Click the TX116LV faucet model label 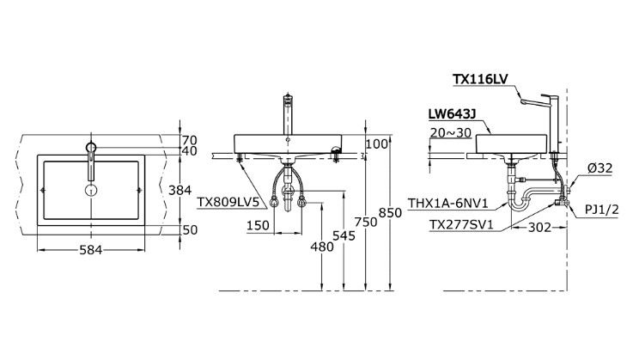click(x=481, y=79)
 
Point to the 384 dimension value click(x=193, y=190)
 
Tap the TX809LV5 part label click(x=228, y=203)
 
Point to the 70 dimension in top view click(x=189, y=138)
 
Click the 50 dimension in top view click(x=189, y=229)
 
